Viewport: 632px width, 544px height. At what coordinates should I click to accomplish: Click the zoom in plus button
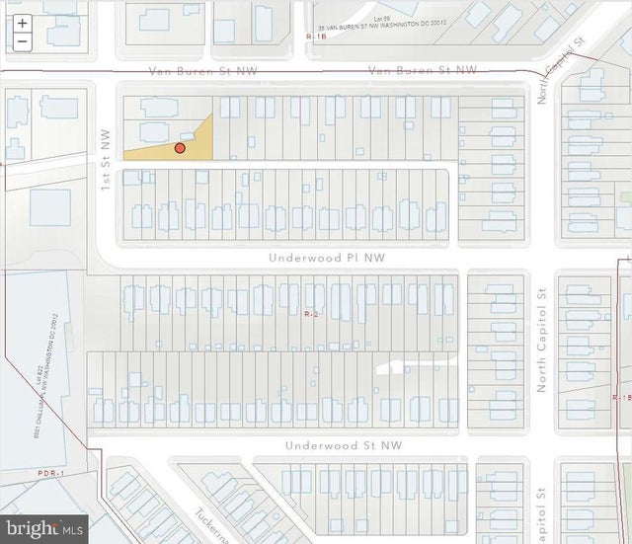pos(22,23)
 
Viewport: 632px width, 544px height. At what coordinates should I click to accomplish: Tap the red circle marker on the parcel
pos(180,148)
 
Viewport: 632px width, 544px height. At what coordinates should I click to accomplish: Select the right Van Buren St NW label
pos(422,70)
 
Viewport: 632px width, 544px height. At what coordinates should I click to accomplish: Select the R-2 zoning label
pos(310,313)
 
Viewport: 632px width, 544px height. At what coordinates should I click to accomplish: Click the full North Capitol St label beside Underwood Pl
pos(541,342)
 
